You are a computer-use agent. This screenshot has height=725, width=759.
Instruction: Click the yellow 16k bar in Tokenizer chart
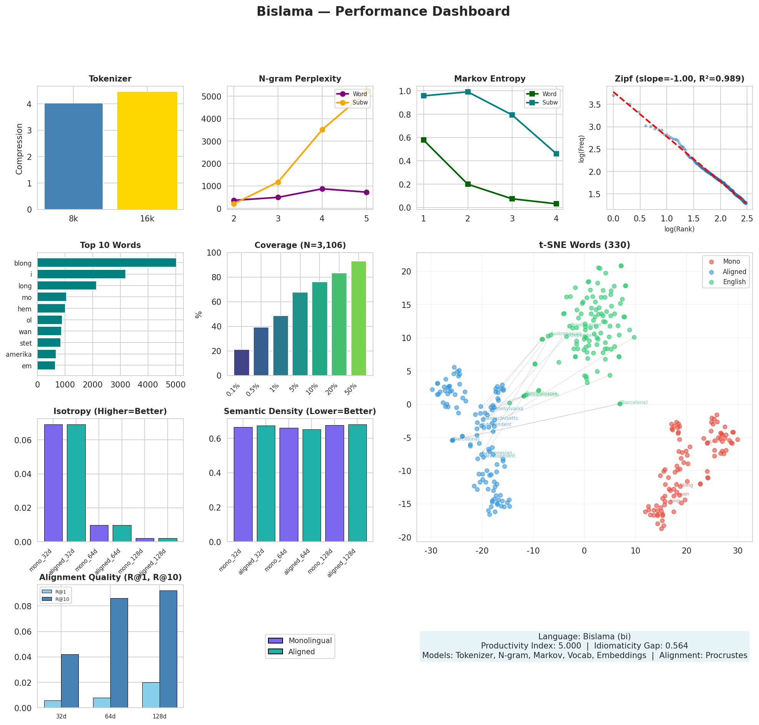pos(147,151)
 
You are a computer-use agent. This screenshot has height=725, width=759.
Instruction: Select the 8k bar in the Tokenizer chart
pos(73,156)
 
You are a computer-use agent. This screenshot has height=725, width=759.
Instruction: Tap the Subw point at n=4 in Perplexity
pos(322,130)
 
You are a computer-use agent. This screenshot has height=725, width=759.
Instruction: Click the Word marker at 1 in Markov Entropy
pos(424,140)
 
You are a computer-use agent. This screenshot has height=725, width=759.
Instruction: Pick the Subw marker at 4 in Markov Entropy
pos(556,154)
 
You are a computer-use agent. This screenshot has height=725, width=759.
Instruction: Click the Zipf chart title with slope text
pos(679,79)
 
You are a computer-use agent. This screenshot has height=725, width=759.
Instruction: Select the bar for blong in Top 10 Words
pos(107,263)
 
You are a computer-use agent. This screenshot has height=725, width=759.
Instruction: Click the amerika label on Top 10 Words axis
pos(19,354)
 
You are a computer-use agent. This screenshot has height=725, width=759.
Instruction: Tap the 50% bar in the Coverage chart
pos(358,318)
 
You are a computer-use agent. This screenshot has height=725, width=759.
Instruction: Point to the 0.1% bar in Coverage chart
pos(241,362)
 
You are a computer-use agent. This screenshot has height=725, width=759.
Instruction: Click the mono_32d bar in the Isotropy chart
pos(53,483)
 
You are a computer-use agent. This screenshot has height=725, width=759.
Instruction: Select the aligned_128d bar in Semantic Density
pos(357,483)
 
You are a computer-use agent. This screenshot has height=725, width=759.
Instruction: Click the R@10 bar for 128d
pos(168,649)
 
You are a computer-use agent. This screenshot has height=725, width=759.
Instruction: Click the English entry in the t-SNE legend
pos(734,282)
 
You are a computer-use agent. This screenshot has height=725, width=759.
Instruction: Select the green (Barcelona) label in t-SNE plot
pos(634,402)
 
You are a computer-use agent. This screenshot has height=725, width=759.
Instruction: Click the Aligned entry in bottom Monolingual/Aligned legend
pos(301,652)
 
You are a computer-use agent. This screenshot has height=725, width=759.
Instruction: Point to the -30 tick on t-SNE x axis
pos(431,551)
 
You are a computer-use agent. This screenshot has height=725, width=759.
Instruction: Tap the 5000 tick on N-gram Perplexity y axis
pos(212,96)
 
